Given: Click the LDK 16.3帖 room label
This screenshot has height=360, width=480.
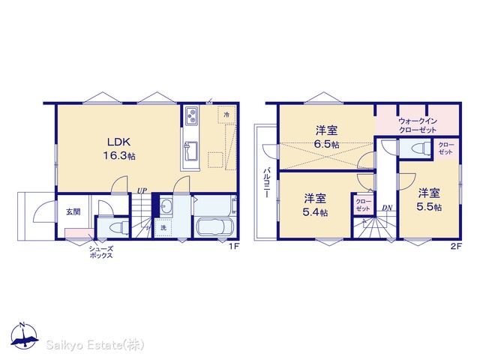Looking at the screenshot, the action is [x=118, y=149].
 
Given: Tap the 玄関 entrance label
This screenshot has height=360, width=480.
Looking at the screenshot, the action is [x=73, y=211].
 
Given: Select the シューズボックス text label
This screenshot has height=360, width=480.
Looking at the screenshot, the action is [x=101, y=252].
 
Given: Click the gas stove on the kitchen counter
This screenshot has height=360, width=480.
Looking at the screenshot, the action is [x=192, y=115].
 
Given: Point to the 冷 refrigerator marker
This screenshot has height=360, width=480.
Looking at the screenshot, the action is [x=226, y=115].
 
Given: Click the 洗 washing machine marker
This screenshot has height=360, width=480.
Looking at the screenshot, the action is [x=163, y=228].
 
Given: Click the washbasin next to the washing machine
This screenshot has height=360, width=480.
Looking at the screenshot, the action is [x=166, y=206].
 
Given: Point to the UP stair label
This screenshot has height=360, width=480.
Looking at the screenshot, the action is [x=142, y=191].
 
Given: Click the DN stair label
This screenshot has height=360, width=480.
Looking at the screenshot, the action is [x=387, y=208].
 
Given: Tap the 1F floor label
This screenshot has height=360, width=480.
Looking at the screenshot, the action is [x=234, y=246].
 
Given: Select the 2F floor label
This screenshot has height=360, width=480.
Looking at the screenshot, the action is [x=456, y=246].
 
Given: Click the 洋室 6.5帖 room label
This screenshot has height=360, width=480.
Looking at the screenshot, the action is [x=327, y=137].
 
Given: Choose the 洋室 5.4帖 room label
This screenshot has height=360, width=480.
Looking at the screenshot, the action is [x=315, y=205].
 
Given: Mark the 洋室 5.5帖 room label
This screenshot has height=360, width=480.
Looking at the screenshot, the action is [x=429, y=199].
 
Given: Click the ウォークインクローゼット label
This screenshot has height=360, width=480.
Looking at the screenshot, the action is [x=418, y=125].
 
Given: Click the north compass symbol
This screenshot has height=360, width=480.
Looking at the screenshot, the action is [x=25, y=336].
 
